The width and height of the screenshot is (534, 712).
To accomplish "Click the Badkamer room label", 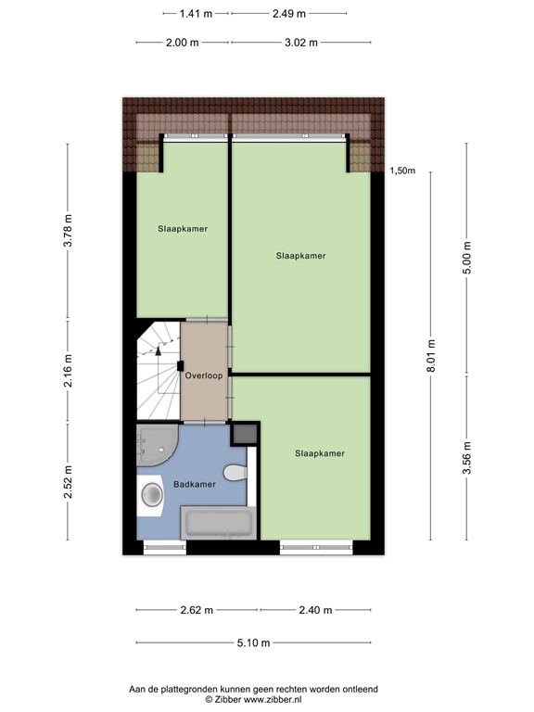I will (x=194, y=484).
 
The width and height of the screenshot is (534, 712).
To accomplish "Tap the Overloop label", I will (x=202, y=376).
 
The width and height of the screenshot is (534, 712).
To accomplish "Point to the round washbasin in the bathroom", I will (x=152, y=496).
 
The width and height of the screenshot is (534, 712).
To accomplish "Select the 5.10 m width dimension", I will (x=252, y=643).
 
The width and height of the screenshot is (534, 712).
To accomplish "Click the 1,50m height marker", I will (x=403, y=171).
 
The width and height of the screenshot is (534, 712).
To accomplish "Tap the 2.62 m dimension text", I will (x=197, y=610).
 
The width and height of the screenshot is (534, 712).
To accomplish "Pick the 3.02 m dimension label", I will (x=300, y=42).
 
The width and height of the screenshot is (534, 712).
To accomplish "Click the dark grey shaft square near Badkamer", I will (x=245, y=433).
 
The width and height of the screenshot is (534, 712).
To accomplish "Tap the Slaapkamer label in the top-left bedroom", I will (x=182, y=228).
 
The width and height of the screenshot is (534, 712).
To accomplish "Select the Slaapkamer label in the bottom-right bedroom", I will (x=320, y=453).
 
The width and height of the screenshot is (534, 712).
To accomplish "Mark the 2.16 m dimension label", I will (x=68, y=373).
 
